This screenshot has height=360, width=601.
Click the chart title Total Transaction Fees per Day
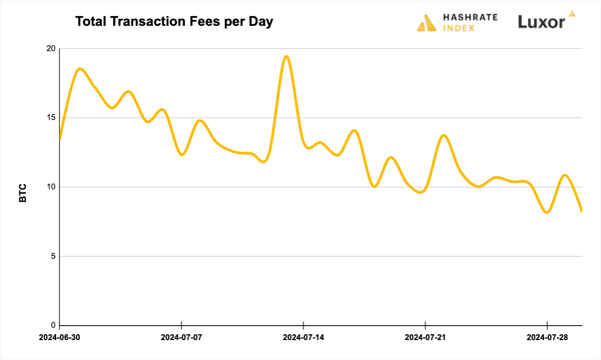click(x=174, y=22)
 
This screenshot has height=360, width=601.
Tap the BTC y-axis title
click(x=23, y=193)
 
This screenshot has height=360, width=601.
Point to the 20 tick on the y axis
click(x=51, y=48)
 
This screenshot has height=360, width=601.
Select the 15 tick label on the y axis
click(x=51, y=118)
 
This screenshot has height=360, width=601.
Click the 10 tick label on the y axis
click(x=51, y=187)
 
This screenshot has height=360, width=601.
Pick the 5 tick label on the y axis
click(x=53, y=256)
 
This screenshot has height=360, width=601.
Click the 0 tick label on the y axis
click(x=53, y=325)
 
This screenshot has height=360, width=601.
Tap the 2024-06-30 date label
click(x=60, y=338)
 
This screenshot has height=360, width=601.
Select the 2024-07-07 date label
click(x=181, y=338)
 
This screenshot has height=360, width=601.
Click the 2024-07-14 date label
click(x=303, y=338)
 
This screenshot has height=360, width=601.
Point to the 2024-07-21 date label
click(x=425, y=338)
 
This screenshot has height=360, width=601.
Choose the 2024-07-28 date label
click(x=547, y=338)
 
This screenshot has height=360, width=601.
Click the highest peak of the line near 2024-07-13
click(x=286, y=56)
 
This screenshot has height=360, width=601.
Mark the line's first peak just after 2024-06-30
click(x=80, y=69)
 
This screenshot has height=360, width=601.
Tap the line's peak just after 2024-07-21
click(x=444, y=135)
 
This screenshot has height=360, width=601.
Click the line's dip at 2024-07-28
click(x=547, y=213)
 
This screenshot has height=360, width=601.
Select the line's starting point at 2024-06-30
click(x=60, y=139)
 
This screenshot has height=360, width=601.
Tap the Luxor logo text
click(x=542, y=22)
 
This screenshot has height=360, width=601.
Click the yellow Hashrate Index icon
click(x=427, y=23)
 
